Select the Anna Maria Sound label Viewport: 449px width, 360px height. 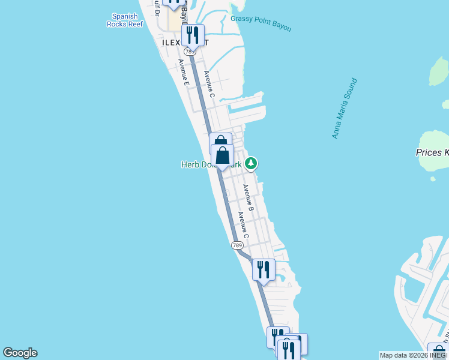(x=345, y=108)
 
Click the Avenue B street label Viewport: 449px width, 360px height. (x=249, y=197)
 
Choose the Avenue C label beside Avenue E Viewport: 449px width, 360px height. (x=209, y=84)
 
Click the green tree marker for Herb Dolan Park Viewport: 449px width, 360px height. (x=251, y=163)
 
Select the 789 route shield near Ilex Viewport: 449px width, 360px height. (x=190, y=52)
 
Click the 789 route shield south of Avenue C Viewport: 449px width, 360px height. (x=238, y=245)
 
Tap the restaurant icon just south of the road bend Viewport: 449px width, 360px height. (x=263, y=270)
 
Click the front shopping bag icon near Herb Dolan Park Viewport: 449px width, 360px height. (x=222, y=155)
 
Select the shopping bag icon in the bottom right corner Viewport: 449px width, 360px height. (x=438, y=353)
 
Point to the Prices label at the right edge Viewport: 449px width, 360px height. (x=432, y=152)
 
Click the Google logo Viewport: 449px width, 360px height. (x=20, y=353)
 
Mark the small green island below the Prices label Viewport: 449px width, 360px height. (x=433, y=178)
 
